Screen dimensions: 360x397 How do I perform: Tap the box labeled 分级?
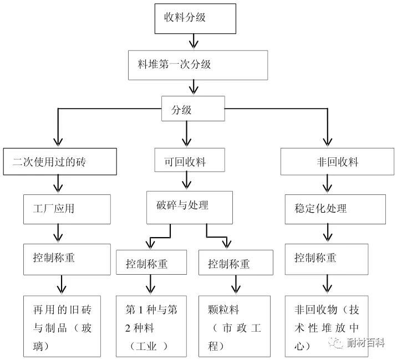tap(192, 110)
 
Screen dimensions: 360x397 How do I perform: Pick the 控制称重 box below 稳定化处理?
tap(327, 258)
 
